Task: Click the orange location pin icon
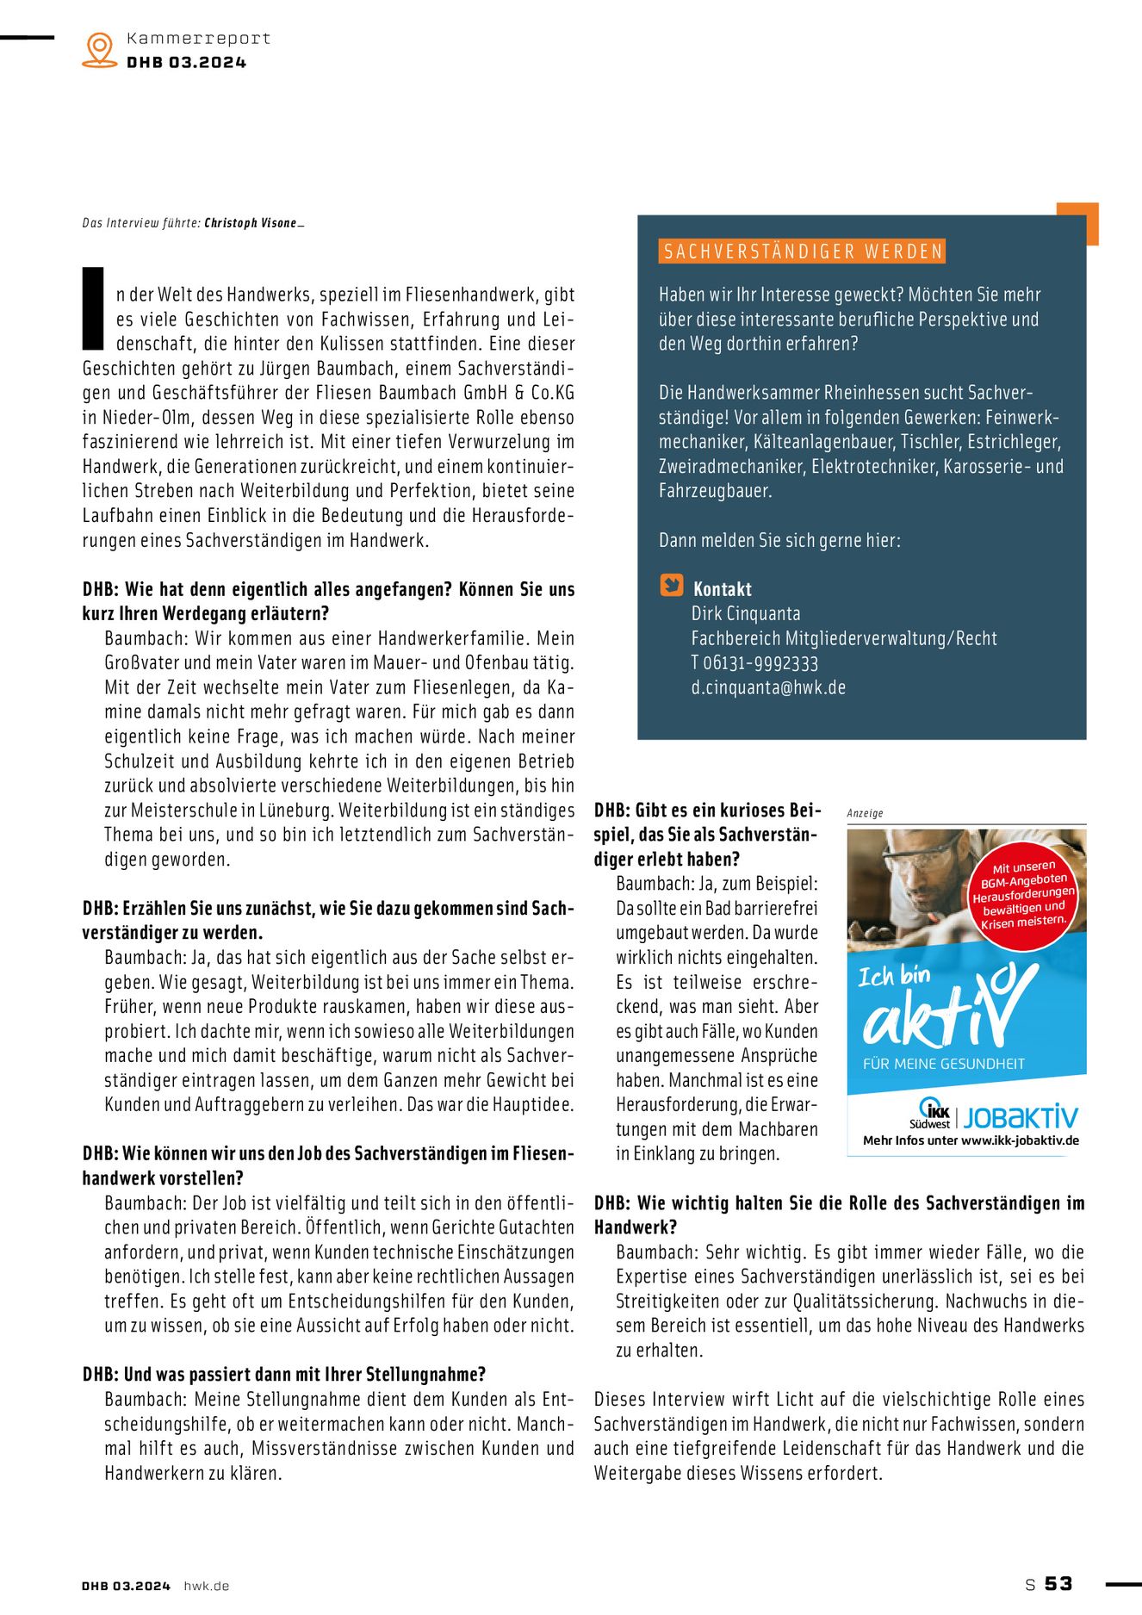click(x=100, y=49)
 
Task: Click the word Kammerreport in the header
click(x=198, y=38)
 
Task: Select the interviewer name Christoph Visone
click(x=251, y=223)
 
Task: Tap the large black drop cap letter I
click(x=93, y=307)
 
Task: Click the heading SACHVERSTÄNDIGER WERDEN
click(x=803, y=252)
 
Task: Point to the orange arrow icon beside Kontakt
click(x=671, y=585)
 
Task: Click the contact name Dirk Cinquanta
click(x=746, y=613)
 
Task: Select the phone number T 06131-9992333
click(x=754, y=662)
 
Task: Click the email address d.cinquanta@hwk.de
click(x=768, y=687)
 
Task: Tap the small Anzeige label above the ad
click(x=865, y=812)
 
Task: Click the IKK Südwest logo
click(x=931, y=1114)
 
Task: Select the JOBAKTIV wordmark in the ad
click(x=1021, y=1117)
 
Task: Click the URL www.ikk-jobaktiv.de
click(x=1020, y=1140)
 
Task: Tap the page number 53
click(x=1058, y=1584)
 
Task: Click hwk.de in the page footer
click(x=207, y=1586)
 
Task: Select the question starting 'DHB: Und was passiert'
click(x=284, y=1375)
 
